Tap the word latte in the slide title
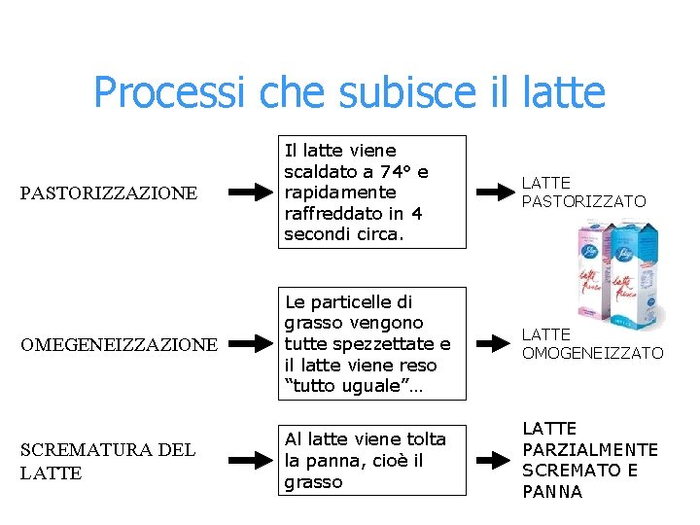click(x=564, y=92)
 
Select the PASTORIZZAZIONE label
click(x=108, y=193)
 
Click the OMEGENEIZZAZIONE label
click(x=119, y=344)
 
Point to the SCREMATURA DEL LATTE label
click(x=107, y=461)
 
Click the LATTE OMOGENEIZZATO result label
click(x=592, y=343)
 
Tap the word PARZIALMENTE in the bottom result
click(x=590, y=449)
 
